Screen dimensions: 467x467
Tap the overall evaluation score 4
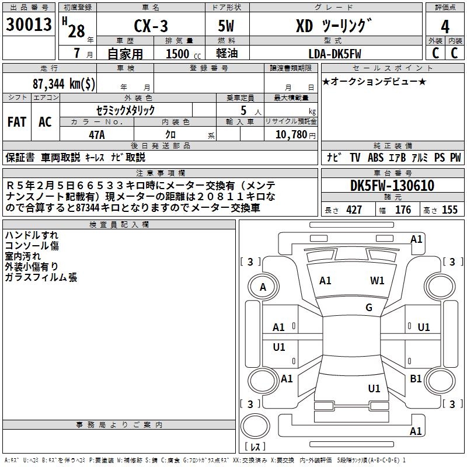pyautogui.click(x=445, y=27)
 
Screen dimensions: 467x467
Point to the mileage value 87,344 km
pyautogui.click(x=64, y=83)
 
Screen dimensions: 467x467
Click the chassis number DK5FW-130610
pyautogui.click(x=392, y=186)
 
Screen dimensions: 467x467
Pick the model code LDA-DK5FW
pyautogui.click(x=334, y=54)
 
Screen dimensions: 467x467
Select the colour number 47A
pyautogui.click(x=96, y=134)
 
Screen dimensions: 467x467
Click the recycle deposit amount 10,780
pyautogui.click(x=290, y=135)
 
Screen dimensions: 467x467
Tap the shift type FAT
pyautogui.click(x=17, y=122)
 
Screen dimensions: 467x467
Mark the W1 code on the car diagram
pyautogui.click(x=377, y=280)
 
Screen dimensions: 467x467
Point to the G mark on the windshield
pyautogui.click(x=369, y=308)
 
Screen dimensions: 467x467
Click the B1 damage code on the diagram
pyautogui.click(x=416, y=379)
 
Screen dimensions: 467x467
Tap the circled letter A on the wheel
pyautogui.click(x=263, y=287)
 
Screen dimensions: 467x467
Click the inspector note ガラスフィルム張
pyautogui.click(x=40, y=277)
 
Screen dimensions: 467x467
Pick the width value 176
pyautogui.click(x=403, y=210)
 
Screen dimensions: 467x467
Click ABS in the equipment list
pyautogui.click(x=375, y=158)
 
